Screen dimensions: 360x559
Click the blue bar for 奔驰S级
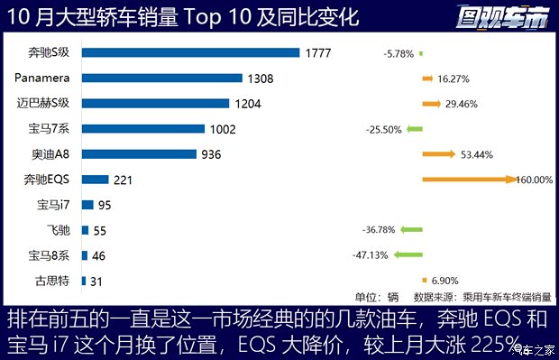click(190, 52)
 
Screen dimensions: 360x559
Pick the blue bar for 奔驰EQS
click(96, 180)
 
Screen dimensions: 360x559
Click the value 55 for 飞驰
click(101, 231)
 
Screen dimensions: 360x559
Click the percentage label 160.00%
click(534, 180)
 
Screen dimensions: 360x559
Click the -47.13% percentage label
click(371, 256)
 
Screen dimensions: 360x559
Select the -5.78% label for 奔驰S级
click(397, 53)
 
